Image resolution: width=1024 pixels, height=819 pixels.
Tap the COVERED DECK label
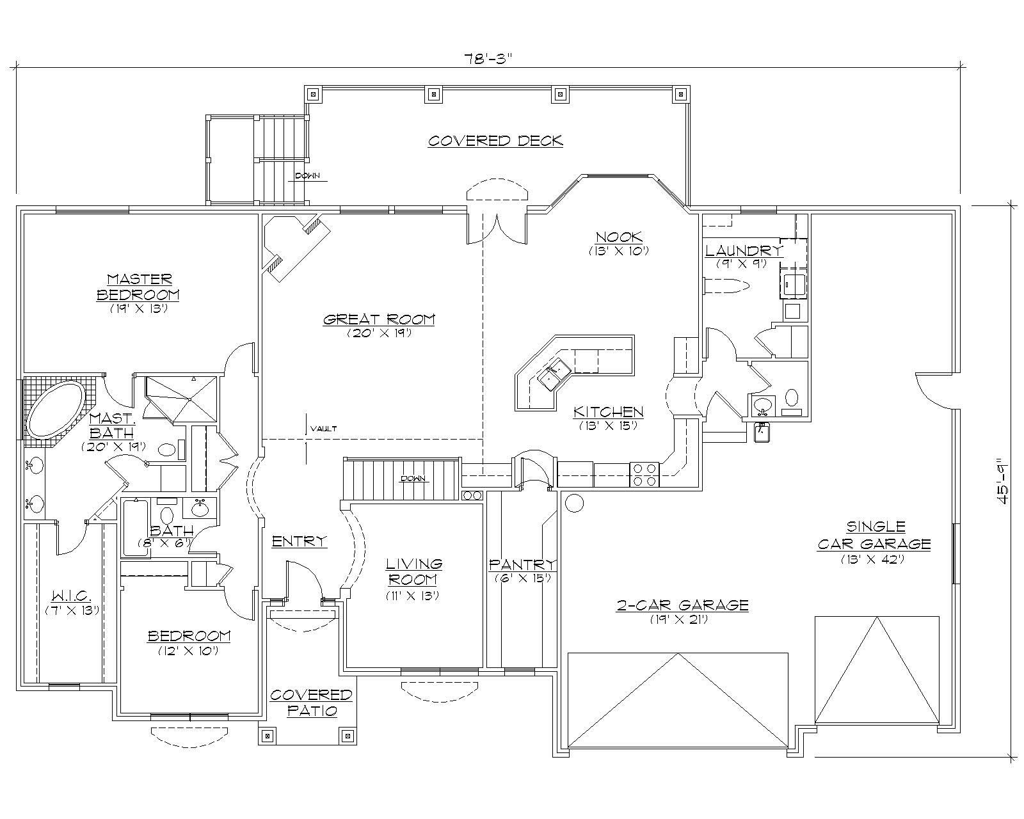(495, 140)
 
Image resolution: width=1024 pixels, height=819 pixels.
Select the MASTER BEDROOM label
(138, 287)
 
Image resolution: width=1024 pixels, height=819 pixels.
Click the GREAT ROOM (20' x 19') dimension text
(379, 333)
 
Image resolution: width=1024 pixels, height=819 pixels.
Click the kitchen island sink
(554, 375)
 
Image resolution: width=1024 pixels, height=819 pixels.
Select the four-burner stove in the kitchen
(644, 475)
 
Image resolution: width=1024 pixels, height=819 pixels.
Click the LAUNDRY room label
(743, 250)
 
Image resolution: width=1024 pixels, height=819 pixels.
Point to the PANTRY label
(522, 564)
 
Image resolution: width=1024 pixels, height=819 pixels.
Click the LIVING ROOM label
(413, 571)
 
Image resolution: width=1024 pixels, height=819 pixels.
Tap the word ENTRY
(299, 541)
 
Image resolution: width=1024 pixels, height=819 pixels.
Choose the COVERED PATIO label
(311, 703)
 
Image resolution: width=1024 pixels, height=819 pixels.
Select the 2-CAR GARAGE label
(682, 605)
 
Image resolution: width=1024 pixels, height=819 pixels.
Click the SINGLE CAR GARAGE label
(874, 535)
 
